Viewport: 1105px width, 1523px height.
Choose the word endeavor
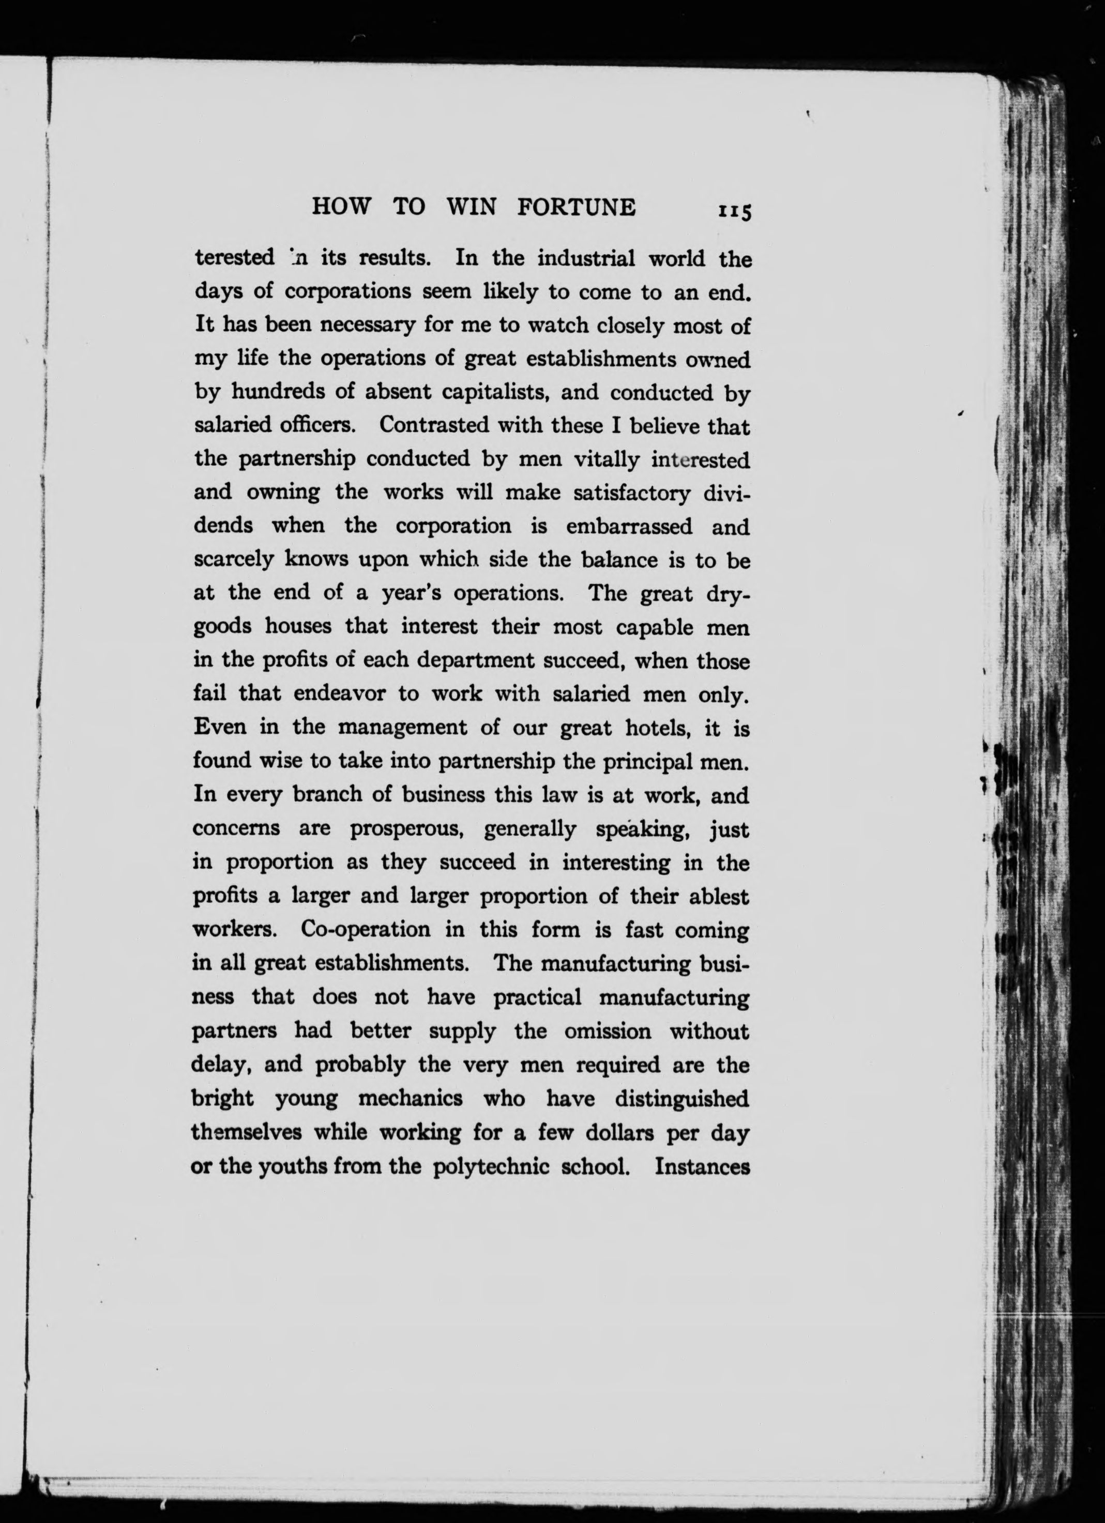coord(340,694)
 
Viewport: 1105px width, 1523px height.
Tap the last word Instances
coord(702,1166)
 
